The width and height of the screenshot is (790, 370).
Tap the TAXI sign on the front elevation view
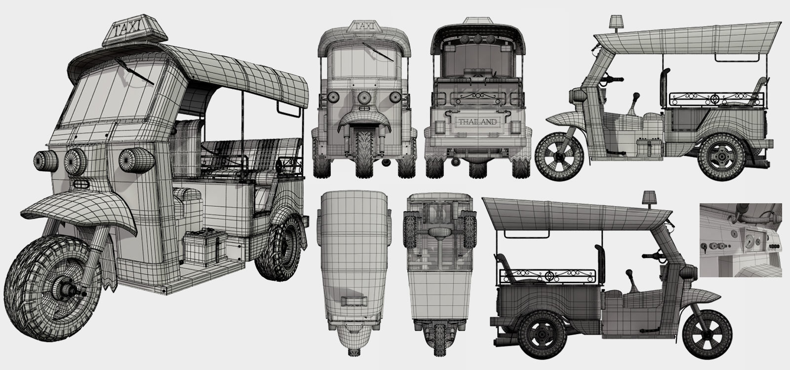364,27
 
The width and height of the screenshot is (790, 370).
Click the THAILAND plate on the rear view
477,122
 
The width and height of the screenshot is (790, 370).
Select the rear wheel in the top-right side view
722,155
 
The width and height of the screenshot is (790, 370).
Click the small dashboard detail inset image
740,240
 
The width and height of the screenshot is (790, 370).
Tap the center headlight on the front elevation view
364,97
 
